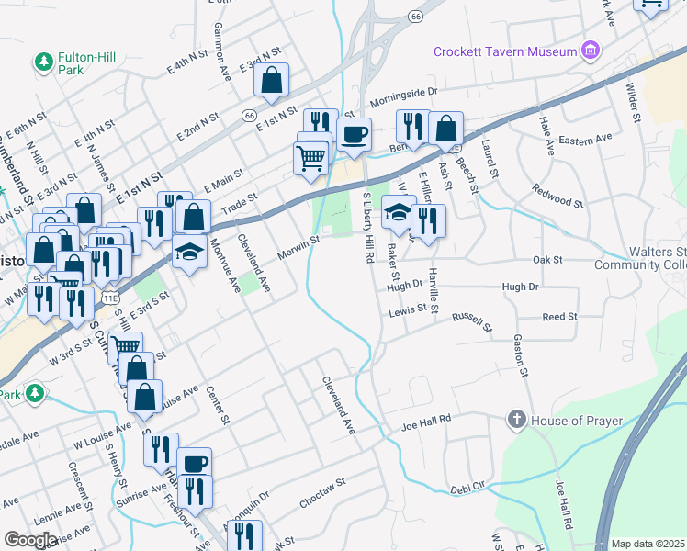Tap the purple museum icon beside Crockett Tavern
coord(591,50)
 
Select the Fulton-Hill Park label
coord(84,62)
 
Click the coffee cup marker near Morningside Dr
coord(354,136)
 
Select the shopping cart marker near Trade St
coord(310,159)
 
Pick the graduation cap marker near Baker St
coord(398,212)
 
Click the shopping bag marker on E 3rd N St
coord(272,82)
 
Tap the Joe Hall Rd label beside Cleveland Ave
coord(427,423)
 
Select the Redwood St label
coord(557,195)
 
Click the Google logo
coord(30,540)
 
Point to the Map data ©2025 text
coord(648,544)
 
